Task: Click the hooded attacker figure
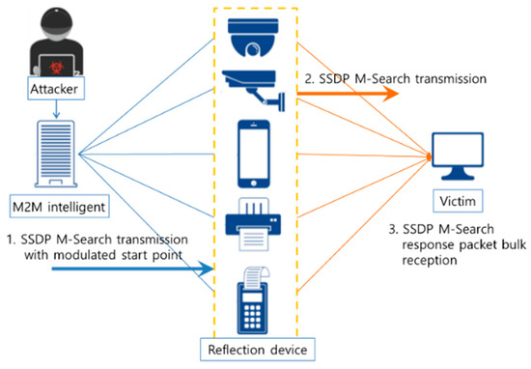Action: coord(49,43)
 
